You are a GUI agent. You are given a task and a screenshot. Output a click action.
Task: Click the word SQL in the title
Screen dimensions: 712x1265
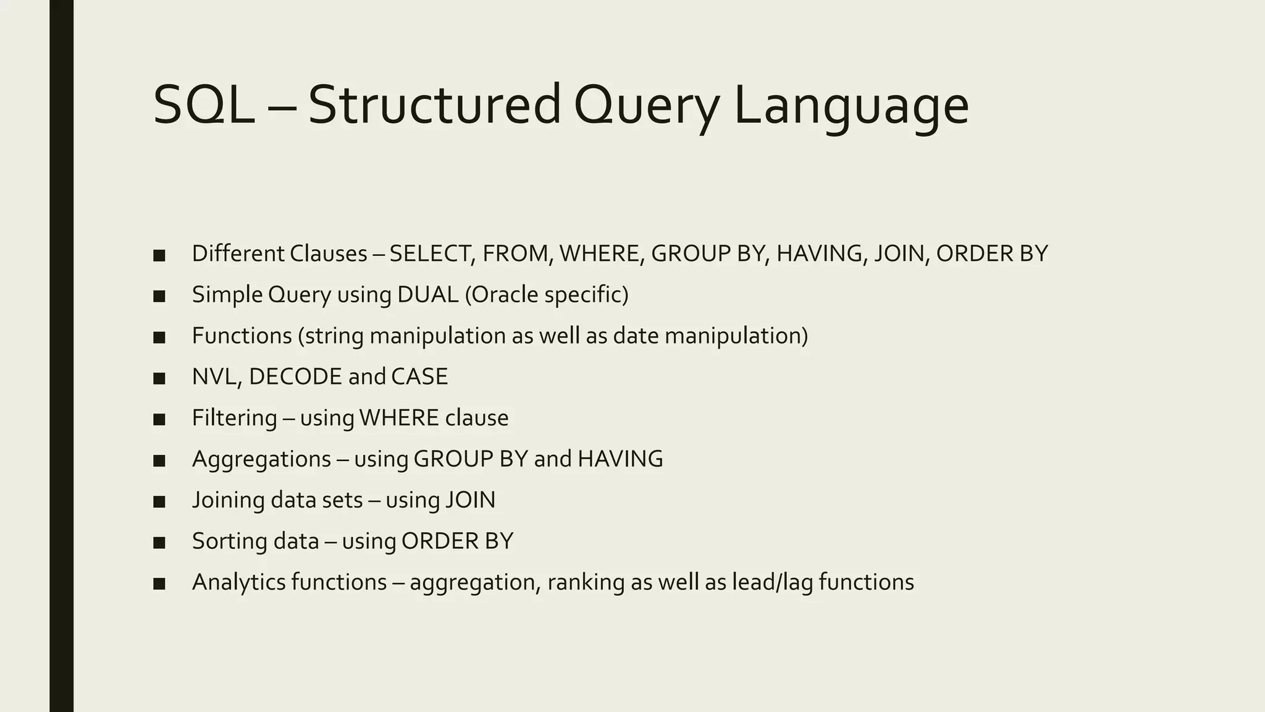[x=204, y=105]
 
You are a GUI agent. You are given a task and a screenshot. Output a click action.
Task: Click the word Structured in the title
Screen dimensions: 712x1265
[x=434, y=105]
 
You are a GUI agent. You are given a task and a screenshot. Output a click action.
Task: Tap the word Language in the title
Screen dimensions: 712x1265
[x=851, y=106]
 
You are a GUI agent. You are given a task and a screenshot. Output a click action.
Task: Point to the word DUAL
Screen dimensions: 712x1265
[x=427, y=295]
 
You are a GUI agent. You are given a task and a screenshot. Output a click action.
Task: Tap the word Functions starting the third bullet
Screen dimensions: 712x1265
[x=242, y=336]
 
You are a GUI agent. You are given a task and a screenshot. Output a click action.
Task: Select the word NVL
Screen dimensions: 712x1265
[x=216, y=377]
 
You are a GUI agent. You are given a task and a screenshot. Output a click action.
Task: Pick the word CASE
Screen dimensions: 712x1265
[x=419, y=377]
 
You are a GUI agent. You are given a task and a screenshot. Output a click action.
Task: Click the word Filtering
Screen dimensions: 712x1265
[x=235, y=418]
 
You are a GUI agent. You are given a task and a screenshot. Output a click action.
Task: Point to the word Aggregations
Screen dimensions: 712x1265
[x=261, y=459]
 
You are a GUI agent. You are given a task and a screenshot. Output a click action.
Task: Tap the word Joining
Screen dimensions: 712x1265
[x=228, y=500]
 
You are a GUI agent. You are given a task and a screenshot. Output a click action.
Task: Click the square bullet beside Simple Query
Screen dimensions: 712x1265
[x=159, y=296]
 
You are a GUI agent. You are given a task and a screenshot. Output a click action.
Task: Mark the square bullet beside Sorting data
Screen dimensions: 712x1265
[x=159, y=543]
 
